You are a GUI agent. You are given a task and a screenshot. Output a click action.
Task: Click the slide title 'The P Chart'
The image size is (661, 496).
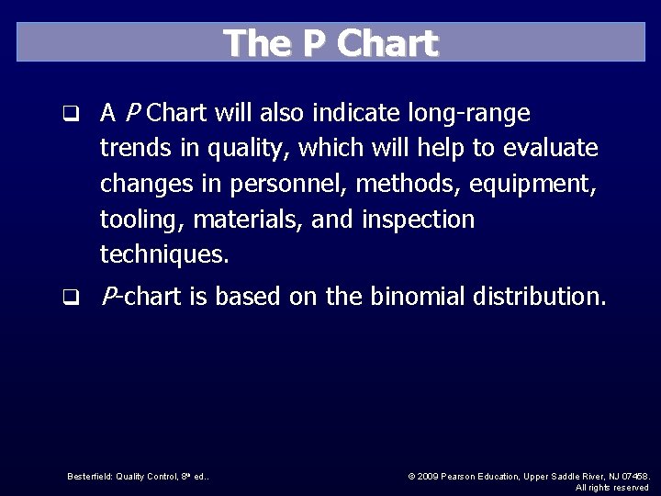tap(330, 43)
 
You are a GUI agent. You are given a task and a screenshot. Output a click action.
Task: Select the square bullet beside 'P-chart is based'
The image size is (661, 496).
tap(69, 298)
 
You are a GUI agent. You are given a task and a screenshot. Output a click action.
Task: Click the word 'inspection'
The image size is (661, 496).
tap(418, 220)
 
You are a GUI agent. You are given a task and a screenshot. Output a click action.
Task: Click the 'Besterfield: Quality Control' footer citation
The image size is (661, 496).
tap(138, 476)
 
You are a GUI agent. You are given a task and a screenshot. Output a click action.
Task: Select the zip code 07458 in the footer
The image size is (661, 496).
tap(633, 476)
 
